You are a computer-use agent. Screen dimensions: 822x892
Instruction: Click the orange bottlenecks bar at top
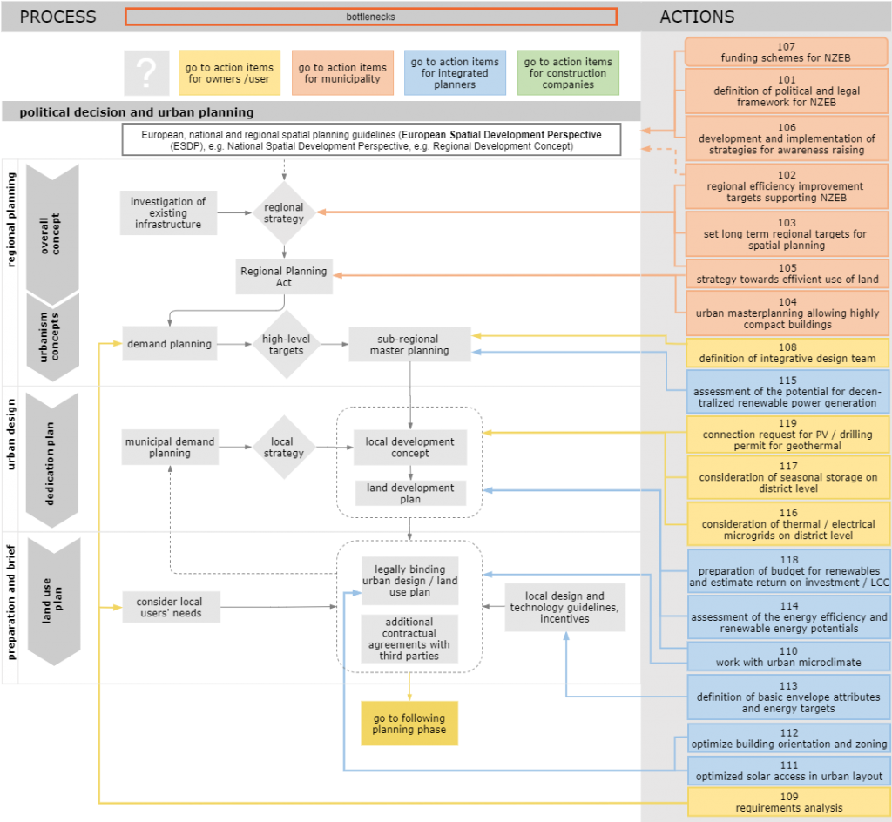click(x=371, y=17)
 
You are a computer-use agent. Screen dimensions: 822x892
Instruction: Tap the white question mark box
click(x=146, y=73)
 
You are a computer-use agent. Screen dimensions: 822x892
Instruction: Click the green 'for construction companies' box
click(x=568, y=73)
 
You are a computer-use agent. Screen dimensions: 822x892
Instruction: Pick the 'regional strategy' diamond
click(x=284, y=212)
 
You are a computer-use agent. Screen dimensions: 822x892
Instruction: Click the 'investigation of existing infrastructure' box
click(x=168, y=213)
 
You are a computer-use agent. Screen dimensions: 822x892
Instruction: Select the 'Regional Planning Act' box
click(x=284, y=277)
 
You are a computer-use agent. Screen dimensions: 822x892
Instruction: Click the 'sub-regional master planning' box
click(x=409, y=345)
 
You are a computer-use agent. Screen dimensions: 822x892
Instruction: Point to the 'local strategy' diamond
click(x=283, y=448)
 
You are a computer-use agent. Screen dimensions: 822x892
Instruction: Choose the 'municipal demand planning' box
click(x=169, y=448)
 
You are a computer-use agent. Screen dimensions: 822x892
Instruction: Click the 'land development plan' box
click(x=410, y=494)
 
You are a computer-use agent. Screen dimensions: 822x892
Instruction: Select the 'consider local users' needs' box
click(x=169, y=607)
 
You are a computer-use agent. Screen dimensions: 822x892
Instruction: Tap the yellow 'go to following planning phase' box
click(x=409, y=724)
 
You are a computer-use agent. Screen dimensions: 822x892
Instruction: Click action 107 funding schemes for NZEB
click(x=787, y=52)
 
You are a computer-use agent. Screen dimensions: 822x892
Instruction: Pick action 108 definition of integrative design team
click(x=787, y=353)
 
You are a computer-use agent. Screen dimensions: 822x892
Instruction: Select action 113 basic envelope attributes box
click(x=787, y=697)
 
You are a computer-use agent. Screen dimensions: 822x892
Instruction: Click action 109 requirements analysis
click(x=787, y=802)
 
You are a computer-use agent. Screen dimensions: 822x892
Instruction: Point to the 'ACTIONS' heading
click(x=697, y=17)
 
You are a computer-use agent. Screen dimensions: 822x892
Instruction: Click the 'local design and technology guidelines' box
click(x=564, y=608)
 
